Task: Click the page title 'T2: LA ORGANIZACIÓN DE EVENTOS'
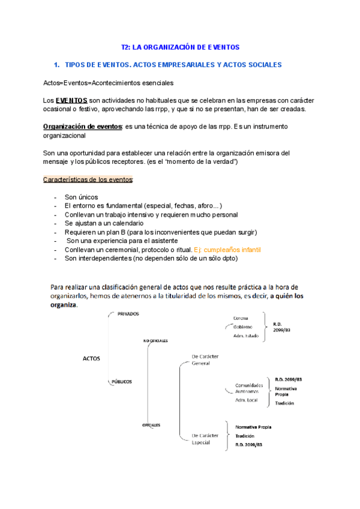[x=180, y=46]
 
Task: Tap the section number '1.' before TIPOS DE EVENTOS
[x=57, y=64]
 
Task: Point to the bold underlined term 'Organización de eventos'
[x=82, y=126]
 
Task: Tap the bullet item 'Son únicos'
[x=81, y=197]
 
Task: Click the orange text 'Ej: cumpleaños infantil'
[x=229, y=249]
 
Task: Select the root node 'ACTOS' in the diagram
[x=91, y=359]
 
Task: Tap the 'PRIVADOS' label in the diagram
[x=128, y=314]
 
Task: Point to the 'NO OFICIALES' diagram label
[x=155, y=340]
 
